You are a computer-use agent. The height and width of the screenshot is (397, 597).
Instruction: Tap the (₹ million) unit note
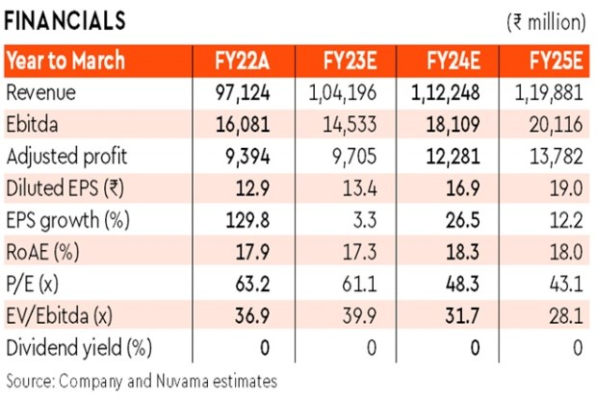tap(542, 20)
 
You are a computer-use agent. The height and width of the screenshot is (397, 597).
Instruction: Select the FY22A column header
tap(245, 61)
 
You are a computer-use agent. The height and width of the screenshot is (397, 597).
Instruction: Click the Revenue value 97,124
tap(245, 92)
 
